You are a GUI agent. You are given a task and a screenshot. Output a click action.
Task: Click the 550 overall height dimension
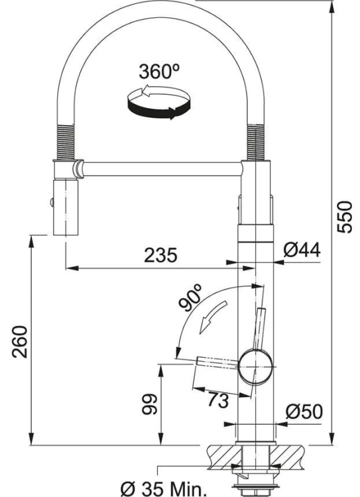point(344,217)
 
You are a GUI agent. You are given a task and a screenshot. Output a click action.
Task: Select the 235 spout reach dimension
point(160,255)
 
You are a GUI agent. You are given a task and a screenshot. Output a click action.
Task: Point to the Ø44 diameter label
point(302,250)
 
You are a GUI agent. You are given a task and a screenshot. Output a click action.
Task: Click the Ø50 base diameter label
point(304,412)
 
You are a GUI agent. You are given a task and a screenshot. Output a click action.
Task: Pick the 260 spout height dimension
point(20,342)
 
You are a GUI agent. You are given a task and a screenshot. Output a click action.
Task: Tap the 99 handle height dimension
point(149,404)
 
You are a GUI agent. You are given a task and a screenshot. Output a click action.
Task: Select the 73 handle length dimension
point(218,400)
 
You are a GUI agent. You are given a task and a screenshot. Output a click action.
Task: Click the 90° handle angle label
point(191,297)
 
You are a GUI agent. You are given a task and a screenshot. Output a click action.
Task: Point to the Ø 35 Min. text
point(164,489)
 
